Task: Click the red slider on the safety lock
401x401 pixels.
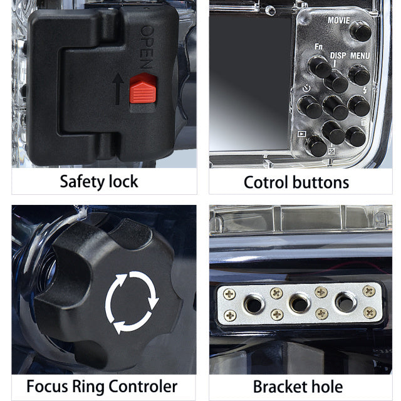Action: coord(143,90)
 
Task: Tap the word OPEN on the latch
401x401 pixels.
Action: coord(146,48)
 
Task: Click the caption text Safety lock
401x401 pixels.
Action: coord(99,182)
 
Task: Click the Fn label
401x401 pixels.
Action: coord(318,46)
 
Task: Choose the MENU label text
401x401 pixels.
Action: coord(360,55)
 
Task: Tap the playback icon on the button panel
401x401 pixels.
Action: coord(302,133)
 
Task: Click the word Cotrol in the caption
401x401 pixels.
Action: coord(266,182)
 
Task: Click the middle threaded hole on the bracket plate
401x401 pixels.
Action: coord(299,304)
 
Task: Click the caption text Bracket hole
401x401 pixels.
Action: coord(297,386)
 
